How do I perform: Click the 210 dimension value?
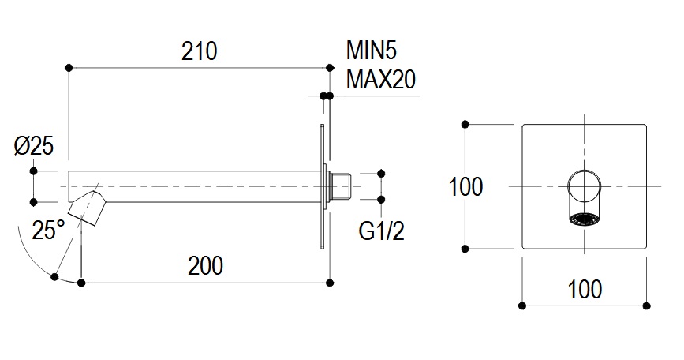coord(199,52)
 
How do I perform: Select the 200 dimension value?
coord(205,265)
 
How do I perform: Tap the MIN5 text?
coord(372,52)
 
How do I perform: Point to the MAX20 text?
coord(381,80)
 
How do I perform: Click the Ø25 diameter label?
coord(34,146)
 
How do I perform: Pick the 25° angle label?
coord(48,231)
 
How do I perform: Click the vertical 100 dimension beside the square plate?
coord(466,187)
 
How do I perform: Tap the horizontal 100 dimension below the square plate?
coord(585,289)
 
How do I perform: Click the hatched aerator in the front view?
coord(585,219)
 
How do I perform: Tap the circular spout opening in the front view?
coord(585,186)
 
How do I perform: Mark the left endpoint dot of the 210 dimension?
coord(69,66)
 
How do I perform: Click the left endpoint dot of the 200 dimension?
coord(80,280)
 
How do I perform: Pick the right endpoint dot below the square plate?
coord(647,305)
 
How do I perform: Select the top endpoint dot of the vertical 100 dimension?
coord(466,124)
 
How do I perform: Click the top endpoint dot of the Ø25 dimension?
coord(34,171)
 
